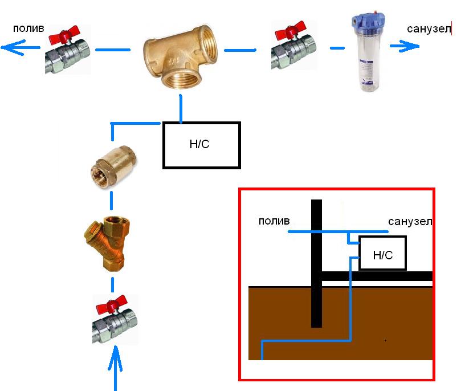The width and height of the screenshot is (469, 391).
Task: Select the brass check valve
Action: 113,166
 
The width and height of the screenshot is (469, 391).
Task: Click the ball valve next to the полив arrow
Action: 68,50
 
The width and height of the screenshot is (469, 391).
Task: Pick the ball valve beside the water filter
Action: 293,46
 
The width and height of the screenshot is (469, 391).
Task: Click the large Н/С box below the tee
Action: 202,145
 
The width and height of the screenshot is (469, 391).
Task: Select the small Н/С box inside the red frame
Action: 382,253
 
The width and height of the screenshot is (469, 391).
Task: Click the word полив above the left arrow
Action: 28,28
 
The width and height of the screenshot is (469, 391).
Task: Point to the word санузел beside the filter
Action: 429,29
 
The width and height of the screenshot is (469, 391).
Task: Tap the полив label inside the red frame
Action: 274,221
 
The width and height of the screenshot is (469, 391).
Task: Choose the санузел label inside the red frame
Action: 410,222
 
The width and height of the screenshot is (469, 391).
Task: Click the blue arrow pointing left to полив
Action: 21,47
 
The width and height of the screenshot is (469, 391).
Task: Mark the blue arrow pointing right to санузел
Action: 405,46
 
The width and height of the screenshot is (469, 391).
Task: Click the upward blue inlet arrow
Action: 115,368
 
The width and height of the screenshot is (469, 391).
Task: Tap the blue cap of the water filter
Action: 368,21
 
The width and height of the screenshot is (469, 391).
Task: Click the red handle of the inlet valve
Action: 112,304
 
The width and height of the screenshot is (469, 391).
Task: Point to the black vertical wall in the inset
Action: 316,263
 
